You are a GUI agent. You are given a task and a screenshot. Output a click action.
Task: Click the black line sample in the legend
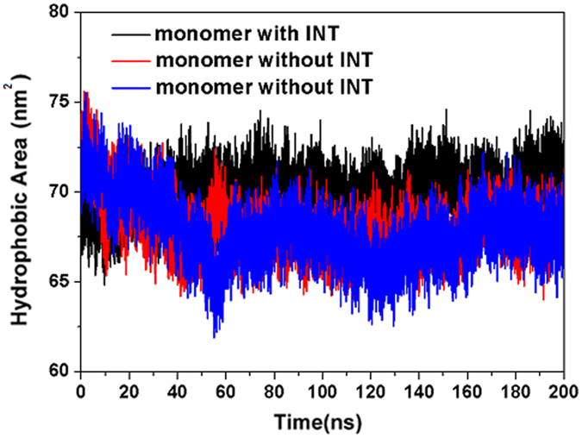click(x=130, y=35)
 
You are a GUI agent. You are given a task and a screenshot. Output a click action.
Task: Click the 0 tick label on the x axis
click(x=80, y=389)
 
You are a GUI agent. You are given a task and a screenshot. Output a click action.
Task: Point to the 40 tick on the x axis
click(x=177, y=389)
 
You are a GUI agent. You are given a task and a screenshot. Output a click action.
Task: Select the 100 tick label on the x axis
click(x=322, y=389)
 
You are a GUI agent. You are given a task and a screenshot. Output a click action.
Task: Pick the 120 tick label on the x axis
click(x=370, y=389)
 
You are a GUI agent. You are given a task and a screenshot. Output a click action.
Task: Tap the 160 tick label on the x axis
click(x=466, y=389)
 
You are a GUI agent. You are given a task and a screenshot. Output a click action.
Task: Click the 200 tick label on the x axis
click(x=563, y=389)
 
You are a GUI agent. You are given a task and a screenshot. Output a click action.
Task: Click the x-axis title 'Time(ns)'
click(x=320, y=422)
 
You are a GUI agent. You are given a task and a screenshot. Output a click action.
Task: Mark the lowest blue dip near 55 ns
click(x=214, y=336)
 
